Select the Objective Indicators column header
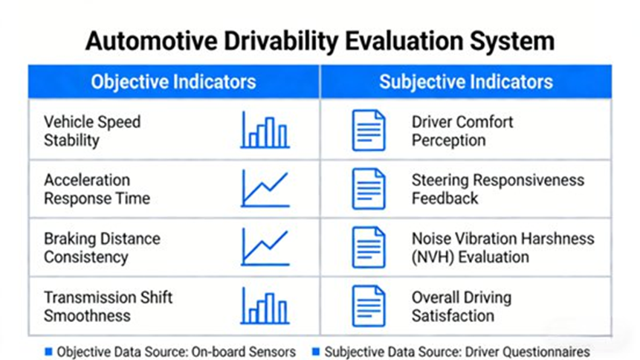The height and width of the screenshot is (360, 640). pos(173,81)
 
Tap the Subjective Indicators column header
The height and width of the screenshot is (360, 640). pos(465,81)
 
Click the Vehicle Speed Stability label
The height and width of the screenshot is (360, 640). pos(92,131)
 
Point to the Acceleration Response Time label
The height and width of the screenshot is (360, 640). pos(97,189)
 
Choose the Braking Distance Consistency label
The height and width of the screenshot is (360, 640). pos(102,248)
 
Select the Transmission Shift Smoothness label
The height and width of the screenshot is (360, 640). pos(108,306)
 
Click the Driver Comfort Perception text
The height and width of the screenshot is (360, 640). pos(462,131)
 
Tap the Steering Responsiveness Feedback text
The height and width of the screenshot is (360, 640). pos(497,189)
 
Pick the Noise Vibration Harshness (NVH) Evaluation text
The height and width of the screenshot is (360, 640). pos(502,248)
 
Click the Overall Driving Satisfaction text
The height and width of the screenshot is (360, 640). pos(462,306)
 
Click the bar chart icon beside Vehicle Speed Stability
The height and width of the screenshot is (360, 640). pos(265,131)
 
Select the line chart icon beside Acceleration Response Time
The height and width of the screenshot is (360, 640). pos(265,189)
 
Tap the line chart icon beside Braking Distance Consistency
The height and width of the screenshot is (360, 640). pos(265,248)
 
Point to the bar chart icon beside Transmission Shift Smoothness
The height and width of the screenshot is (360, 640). pos(265,306)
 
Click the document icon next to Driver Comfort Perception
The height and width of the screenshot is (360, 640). pos(369,131)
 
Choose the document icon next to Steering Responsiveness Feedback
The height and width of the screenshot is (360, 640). pos(369,189)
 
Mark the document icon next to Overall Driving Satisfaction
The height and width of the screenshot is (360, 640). pos(369,306)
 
